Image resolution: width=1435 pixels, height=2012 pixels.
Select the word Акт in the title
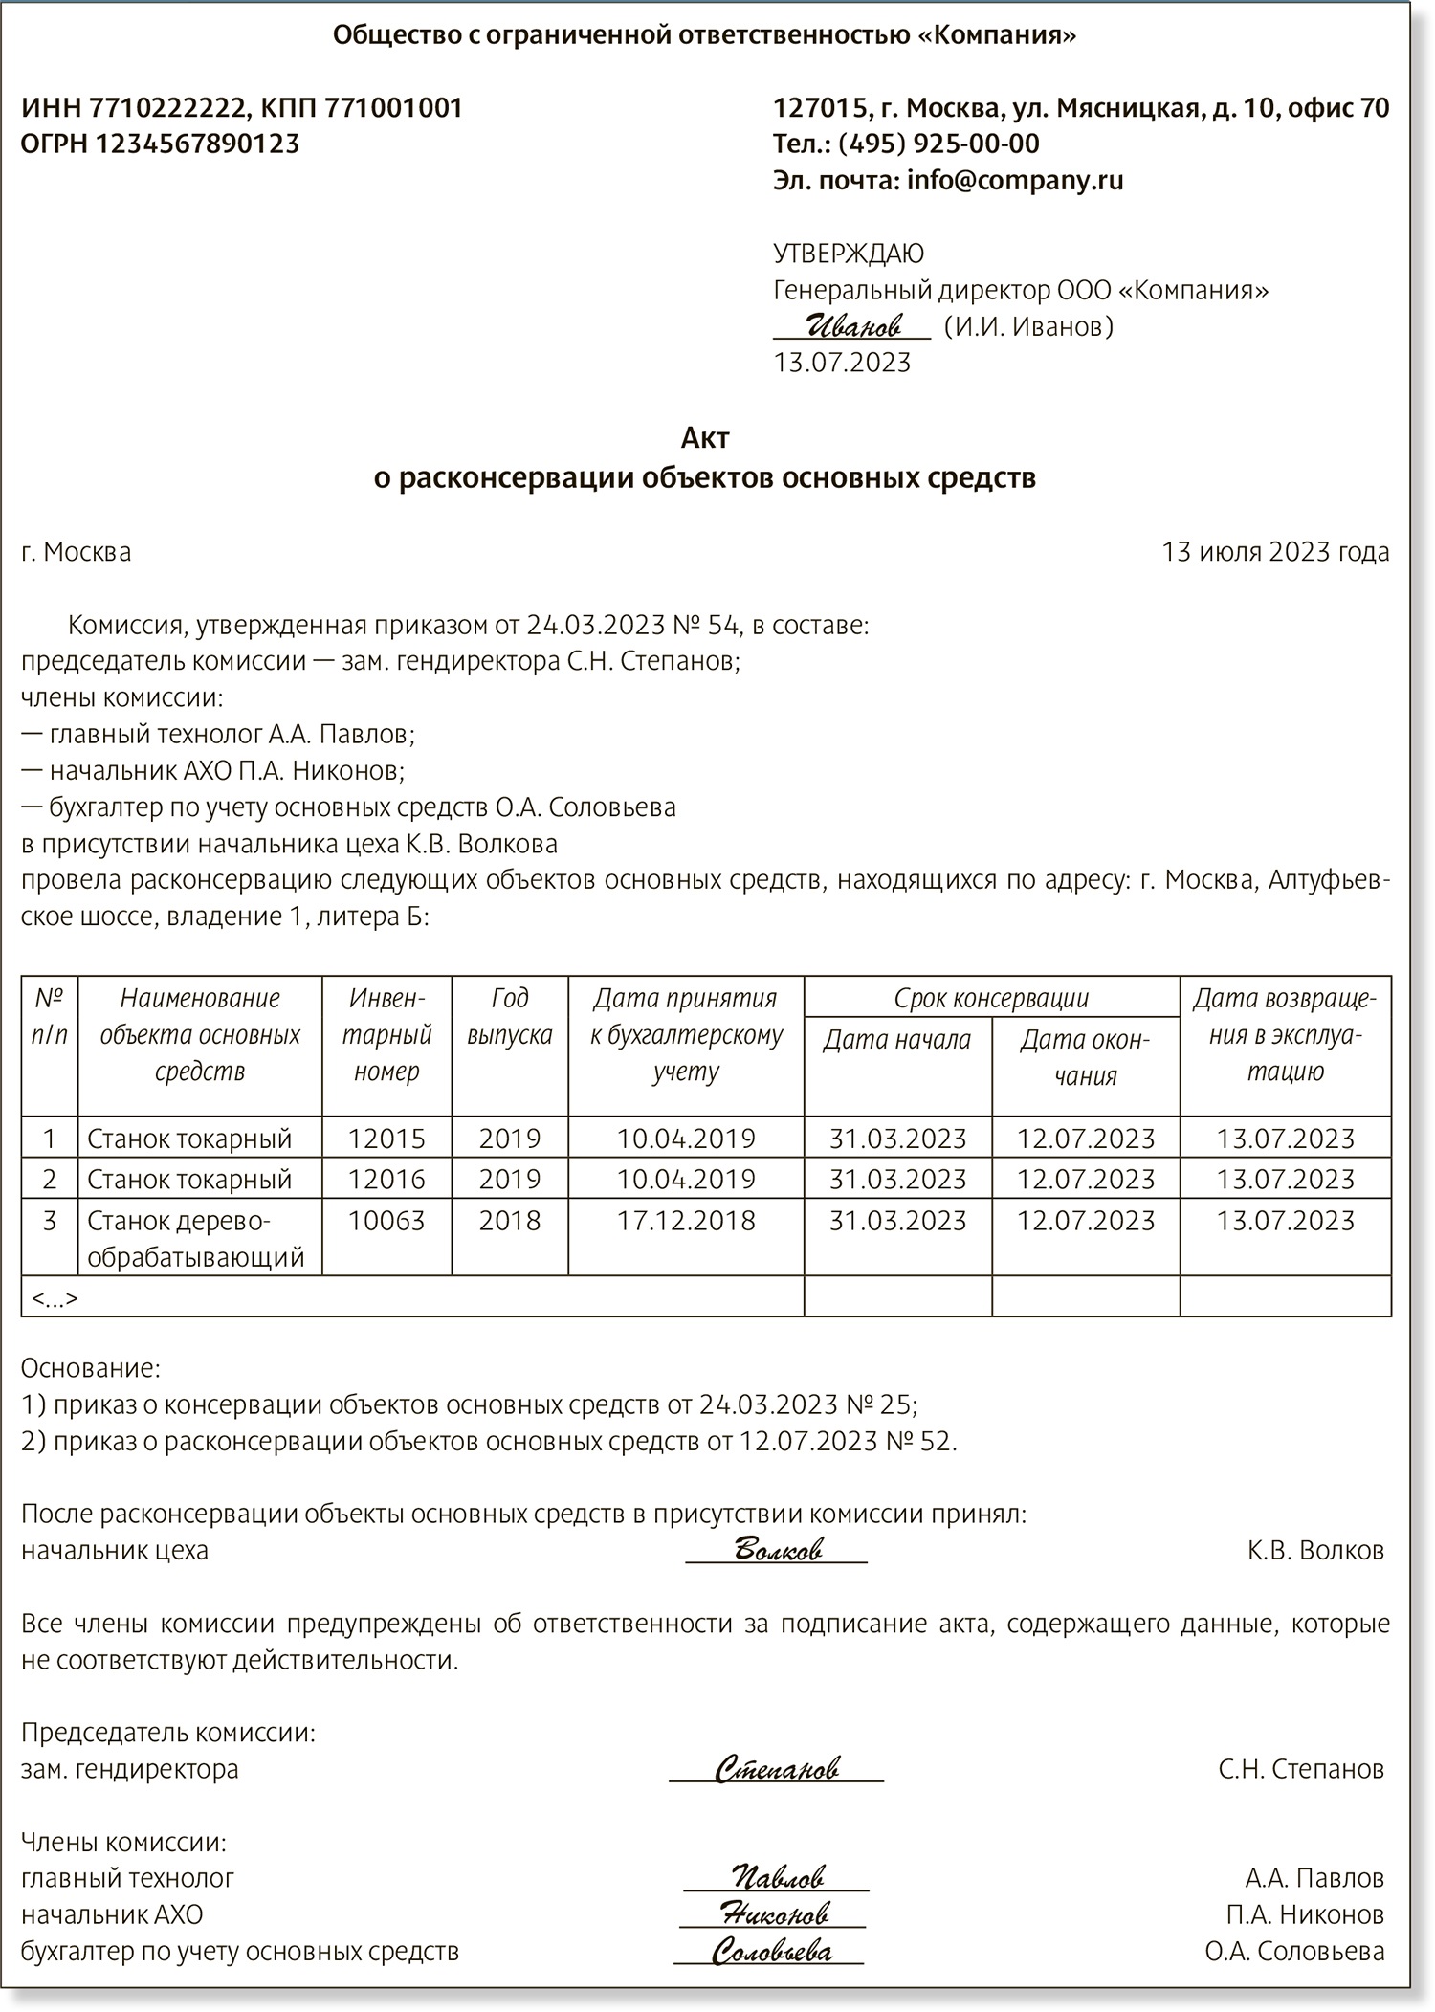(705, 437)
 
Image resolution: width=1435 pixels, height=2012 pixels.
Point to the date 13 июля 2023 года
(1274, 552)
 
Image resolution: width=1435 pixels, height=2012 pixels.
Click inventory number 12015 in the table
(386, 1139)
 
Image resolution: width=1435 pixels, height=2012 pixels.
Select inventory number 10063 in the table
(386, 1221)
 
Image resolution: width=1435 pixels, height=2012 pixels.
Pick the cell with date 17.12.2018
(686, 1221)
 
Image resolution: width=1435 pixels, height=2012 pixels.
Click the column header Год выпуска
(509, 1016)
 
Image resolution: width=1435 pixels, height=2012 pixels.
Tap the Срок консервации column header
(991, 998)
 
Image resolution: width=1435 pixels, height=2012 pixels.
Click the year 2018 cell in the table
(509, 1221)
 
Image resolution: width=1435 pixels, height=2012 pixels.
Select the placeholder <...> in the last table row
(55, 1298)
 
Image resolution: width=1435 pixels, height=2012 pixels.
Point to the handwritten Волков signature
(777, 1549)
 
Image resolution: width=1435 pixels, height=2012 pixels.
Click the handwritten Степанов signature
(777, 1768)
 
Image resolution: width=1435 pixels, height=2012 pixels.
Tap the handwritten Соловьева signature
(771, 1951)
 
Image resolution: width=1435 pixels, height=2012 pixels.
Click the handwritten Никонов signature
(774, 1913)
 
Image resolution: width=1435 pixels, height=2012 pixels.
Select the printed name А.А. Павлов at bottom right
(1314, 1877)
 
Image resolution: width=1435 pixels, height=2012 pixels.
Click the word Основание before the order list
(90, 1367)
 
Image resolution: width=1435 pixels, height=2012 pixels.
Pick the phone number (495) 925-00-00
(938, 144)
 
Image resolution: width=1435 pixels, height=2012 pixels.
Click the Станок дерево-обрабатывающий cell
(196, 1239)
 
